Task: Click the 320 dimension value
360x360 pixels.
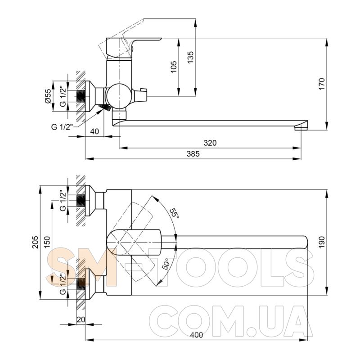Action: (x=210, y=143)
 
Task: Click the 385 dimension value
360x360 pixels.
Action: (x=193, y=154)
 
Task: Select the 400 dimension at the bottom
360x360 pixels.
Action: (x=197, y=335)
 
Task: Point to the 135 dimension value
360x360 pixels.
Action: (x=190, y=57)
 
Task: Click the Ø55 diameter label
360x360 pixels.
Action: (x=48, y=95)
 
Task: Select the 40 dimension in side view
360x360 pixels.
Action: (x=94, y=131)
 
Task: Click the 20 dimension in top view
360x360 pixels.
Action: (x=81, y=319)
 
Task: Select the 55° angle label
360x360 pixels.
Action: (x=174, y=213)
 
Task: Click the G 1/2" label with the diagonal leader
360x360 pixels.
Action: (x=62, y=126)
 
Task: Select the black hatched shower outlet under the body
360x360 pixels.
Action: (x=104, y=108)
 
